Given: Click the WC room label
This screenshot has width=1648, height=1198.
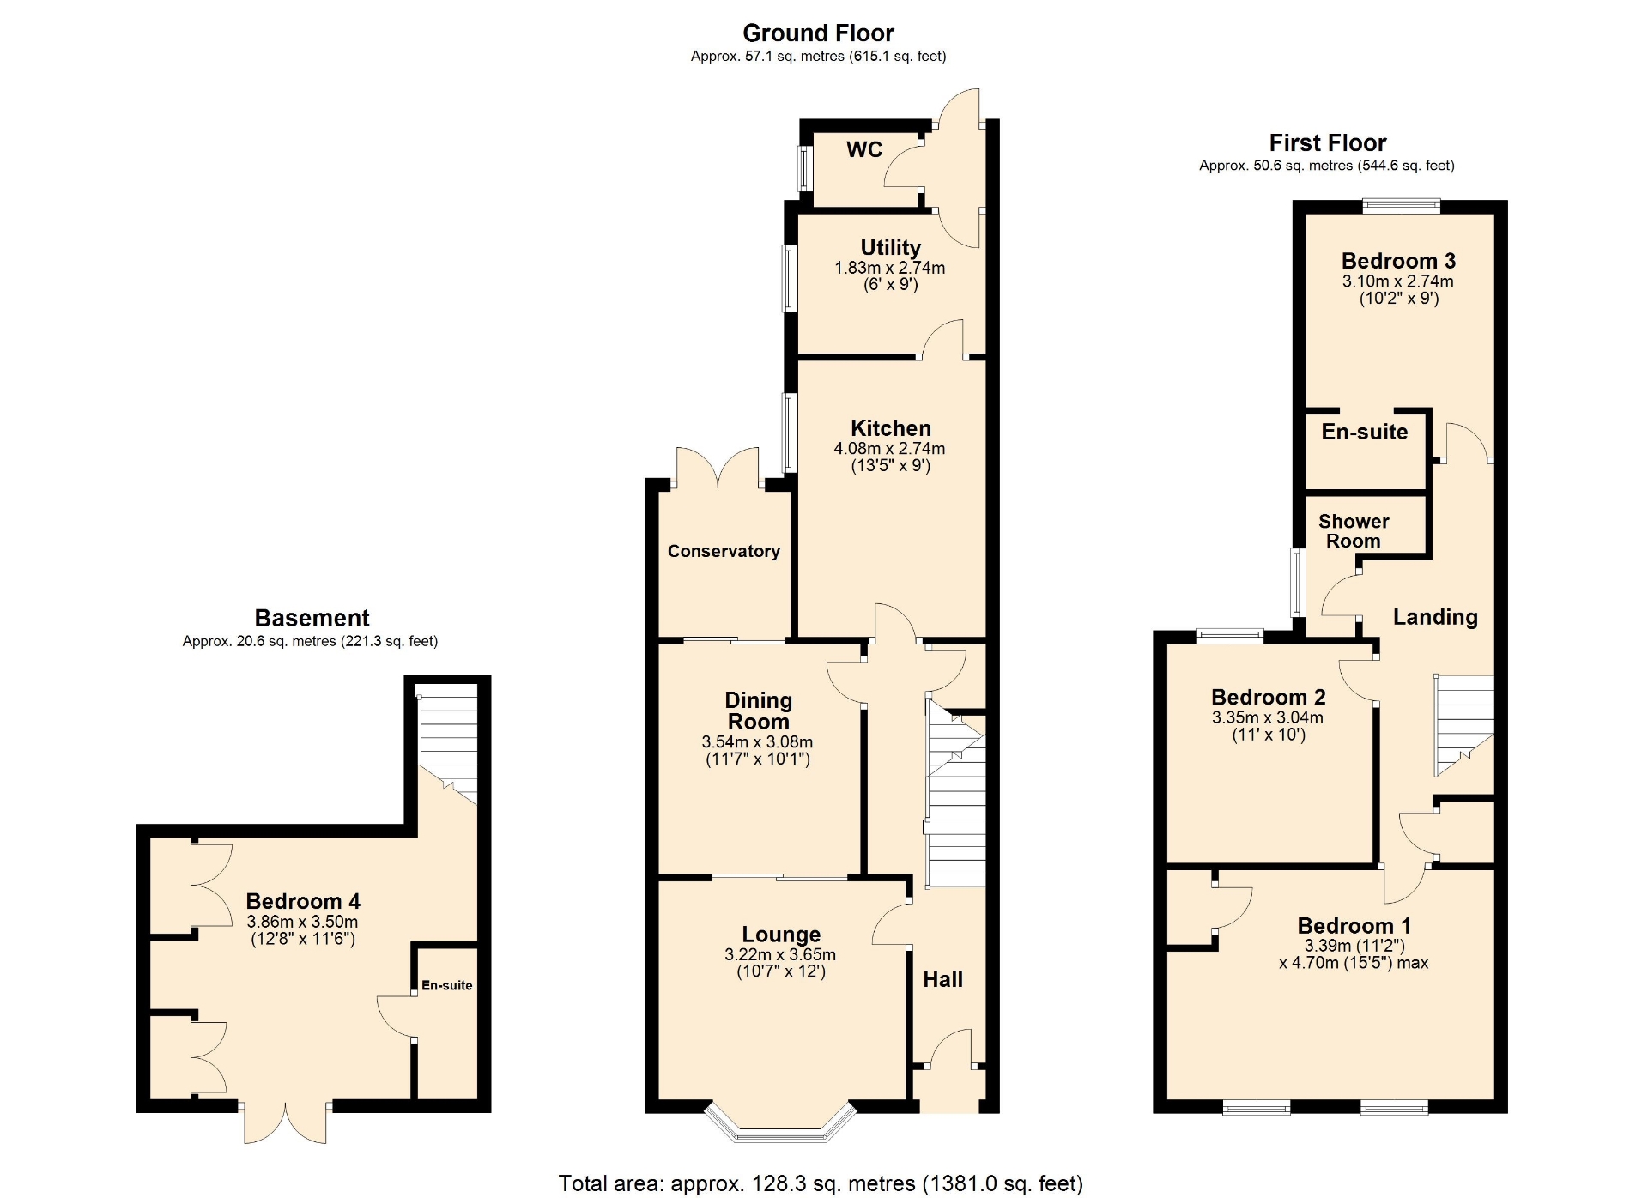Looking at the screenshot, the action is pos(864,149).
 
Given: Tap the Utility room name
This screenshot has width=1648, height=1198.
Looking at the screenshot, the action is pos(890,247).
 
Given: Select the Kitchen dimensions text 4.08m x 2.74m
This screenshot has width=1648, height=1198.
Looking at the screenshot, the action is pos(889,448).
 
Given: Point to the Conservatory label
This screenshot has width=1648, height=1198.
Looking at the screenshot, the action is pos(724,551).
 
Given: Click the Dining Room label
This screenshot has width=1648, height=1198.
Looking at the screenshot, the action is pos(758,711).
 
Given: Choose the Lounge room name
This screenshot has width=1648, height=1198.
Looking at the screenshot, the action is pos(781,934).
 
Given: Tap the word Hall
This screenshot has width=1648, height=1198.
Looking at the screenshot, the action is pos(942,979).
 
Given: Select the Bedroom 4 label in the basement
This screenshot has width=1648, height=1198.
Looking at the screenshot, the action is pos(303,901).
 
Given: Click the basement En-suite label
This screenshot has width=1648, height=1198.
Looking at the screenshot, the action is pos(446,985).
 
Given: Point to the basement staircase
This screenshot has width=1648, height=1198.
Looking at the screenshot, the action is pos(447,743).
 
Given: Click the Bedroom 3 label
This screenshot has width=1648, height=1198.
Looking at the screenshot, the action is pos(1398,261).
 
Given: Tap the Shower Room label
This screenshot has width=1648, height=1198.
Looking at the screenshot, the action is pos(1354,531).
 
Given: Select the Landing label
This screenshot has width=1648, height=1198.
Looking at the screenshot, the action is pos(1435,617).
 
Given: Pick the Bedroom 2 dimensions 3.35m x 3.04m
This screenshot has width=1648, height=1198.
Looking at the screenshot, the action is pos(1268,717).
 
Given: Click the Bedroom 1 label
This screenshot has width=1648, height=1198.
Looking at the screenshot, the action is pos(1354,926).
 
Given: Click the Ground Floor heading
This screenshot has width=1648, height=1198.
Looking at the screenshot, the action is pos(818,33).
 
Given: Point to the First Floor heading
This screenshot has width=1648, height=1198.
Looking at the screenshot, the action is pos(1328,142).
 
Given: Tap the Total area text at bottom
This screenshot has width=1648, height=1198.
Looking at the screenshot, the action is pos(821,1183).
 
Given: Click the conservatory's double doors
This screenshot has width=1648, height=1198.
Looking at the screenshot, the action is pos(718,468).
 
